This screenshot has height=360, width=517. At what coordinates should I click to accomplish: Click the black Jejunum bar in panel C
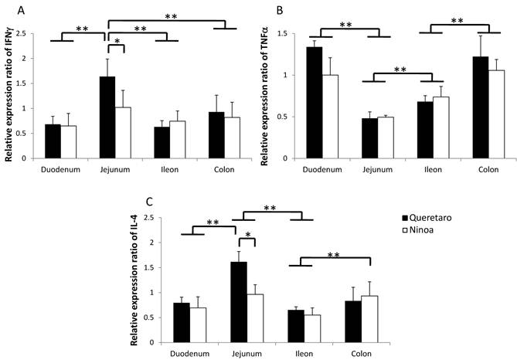point(240,302)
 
